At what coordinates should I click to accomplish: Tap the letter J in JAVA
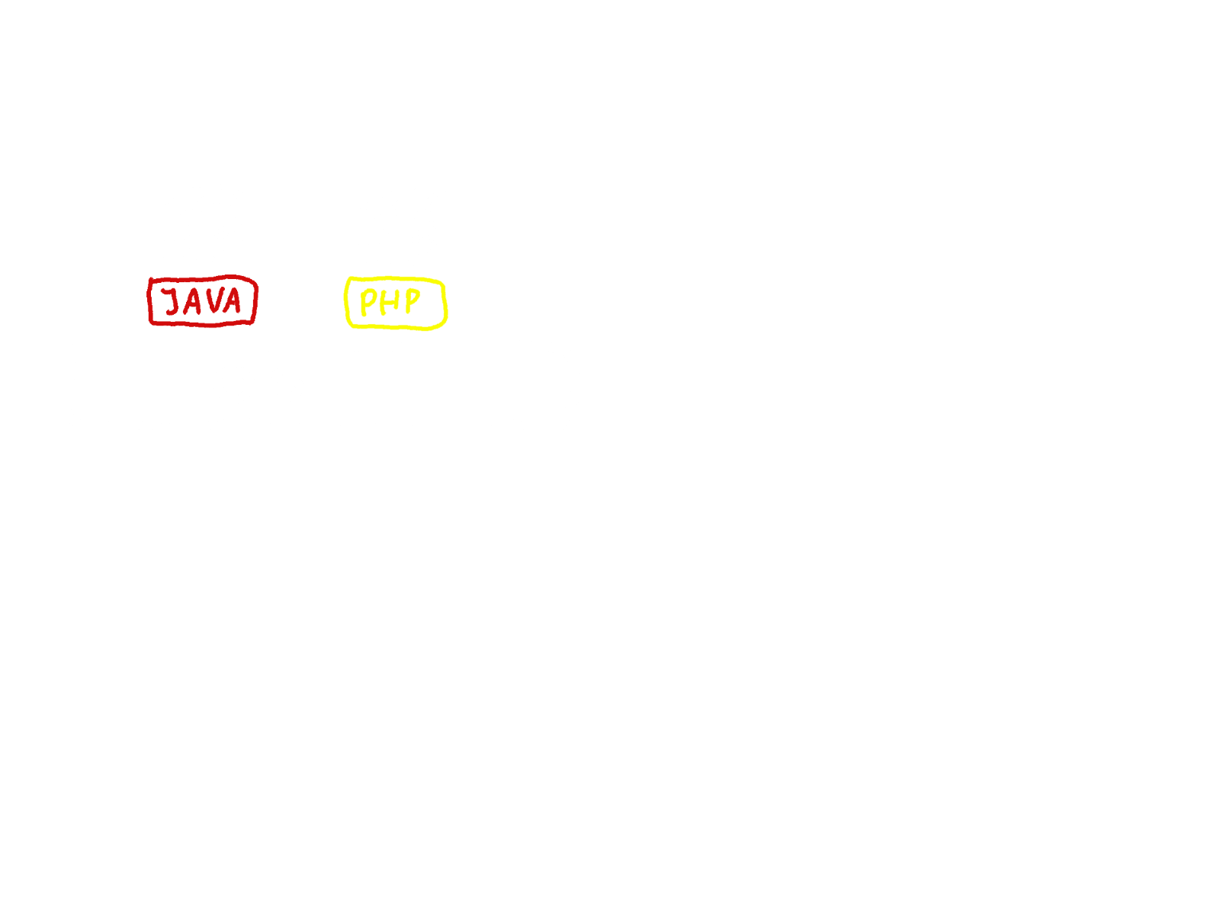point(172,302)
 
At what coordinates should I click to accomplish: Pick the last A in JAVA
point(230,301)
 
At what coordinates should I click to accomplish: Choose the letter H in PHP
point(389,303)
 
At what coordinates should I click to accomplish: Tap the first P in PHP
point(368,303)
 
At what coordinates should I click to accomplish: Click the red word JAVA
point(203,301)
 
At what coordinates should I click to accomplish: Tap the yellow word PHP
point(390,303)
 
